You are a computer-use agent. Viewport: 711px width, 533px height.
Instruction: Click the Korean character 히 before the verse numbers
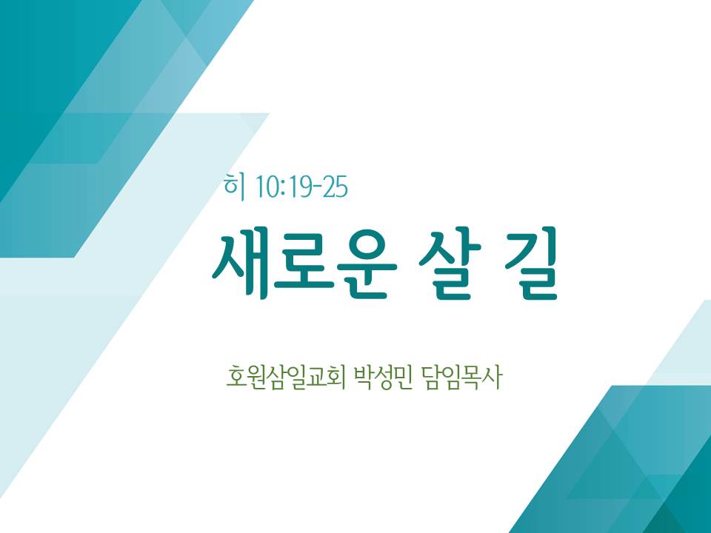[x=234, y=187]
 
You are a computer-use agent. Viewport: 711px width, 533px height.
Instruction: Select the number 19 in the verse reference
[x=299, y=187]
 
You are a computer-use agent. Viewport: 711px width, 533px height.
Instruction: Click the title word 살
[x=450, y=263]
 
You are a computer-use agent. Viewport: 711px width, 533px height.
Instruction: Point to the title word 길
[x=530, y=263]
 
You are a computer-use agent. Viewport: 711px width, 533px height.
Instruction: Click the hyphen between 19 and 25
[x=318, y=187]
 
